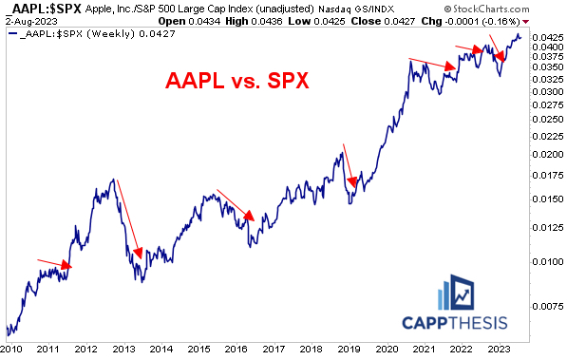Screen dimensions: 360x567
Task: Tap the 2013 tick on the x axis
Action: pyautogui.click(x=121, y=349)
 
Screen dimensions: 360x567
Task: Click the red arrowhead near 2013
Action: pyautogui.click(x=139, y=254)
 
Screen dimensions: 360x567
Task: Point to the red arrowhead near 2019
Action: pyautogui.click(x=352, y=182)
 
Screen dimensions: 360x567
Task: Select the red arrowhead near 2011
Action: pyautogui.click(x=66, y=265)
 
